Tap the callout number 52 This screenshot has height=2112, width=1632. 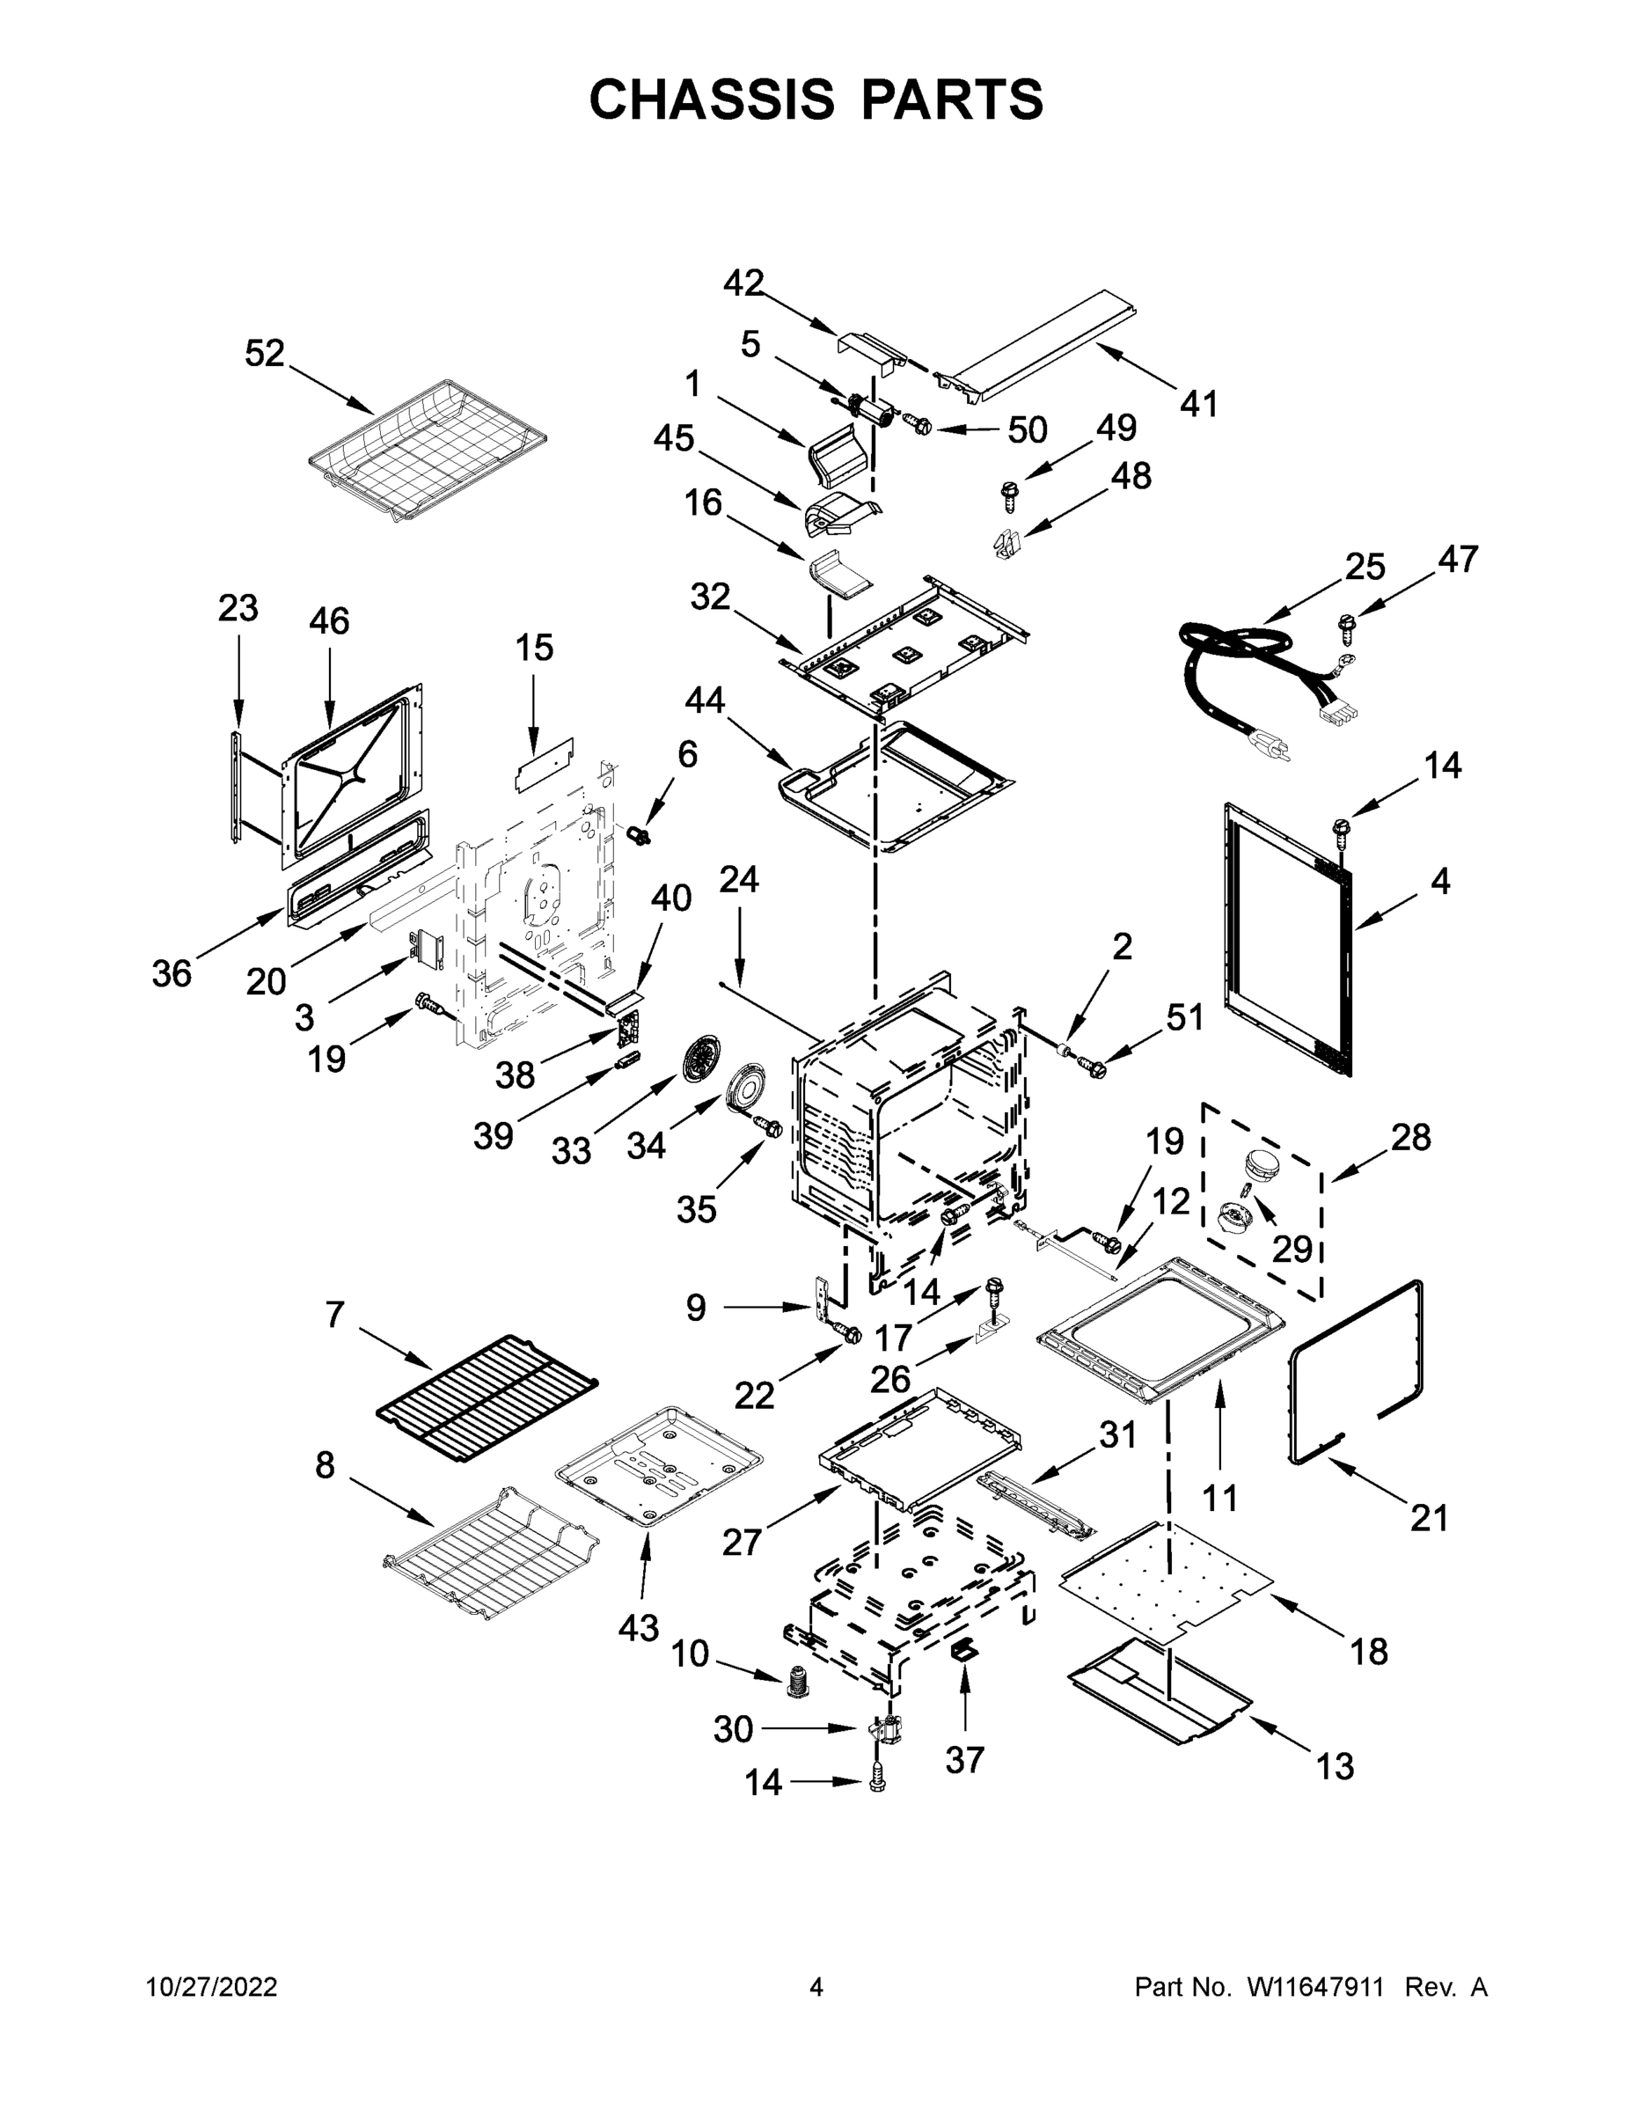264,354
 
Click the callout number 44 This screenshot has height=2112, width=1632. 704,700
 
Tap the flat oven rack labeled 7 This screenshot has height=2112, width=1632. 487,1397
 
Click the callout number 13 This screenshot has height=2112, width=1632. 1335,1767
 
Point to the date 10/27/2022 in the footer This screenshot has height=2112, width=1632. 212,1988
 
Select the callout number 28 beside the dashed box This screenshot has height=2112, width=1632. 1409,1137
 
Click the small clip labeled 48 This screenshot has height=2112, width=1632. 1006,545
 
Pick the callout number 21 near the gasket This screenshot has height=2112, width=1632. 1428,1518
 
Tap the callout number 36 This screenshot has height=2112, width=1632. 172,974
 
